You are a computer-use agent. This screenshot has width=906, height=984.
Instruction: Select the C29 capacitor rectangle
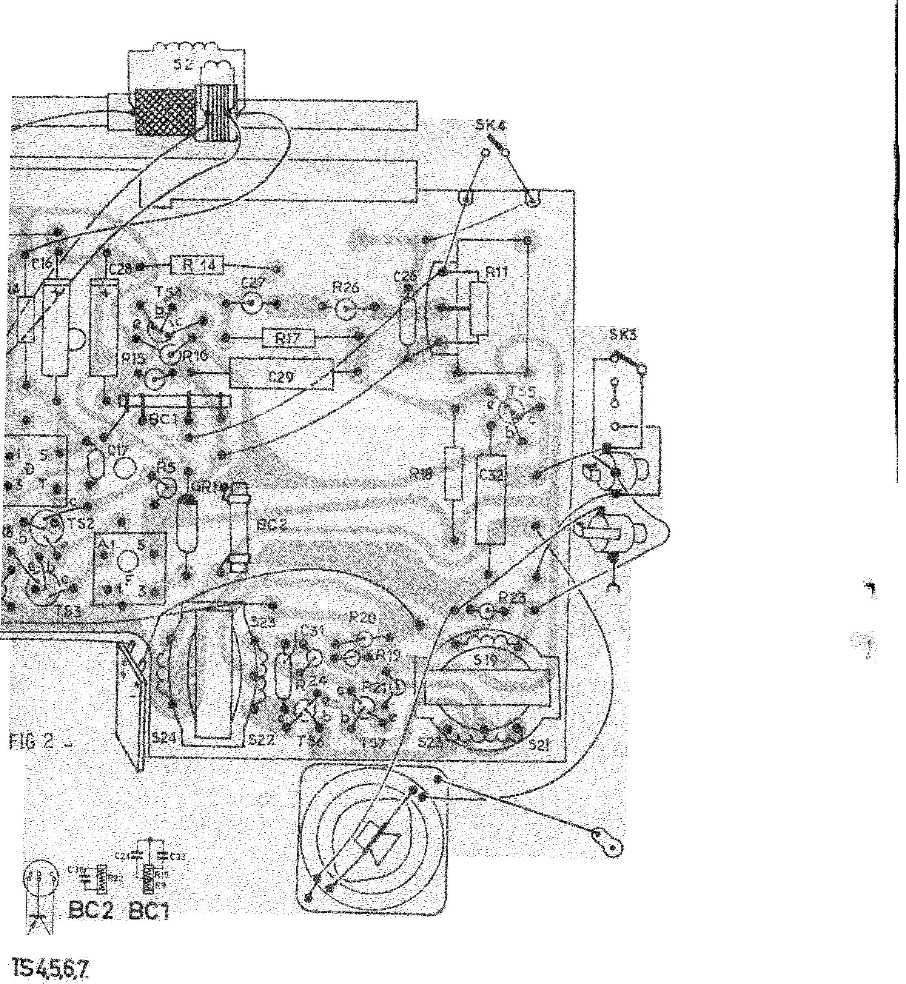pyautogui.click(x=281, y=377)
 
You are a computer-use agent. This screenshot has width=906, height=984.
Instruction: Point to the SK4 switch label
pyautogui.click(x=491, y=126)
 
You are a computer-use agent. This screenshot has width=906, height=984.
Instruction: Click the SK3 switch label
pyautogui.click(x=623, y=335)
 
